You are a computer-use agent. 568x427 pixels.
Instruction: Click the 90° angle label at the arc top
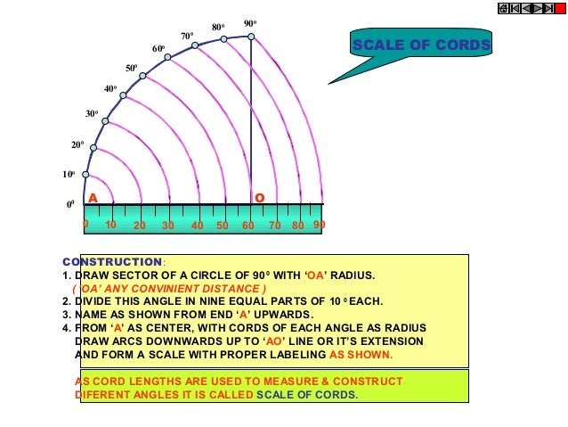click(x=250, y=23)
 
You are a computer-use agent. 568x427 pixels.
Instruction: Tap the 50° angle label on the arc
click(x=131, y=68)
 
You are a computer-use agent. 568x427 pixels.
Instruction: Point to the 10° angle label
click(x=68, y=175)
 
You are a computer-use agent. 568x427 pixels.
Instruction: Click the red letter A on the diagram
click(x=92, y=197)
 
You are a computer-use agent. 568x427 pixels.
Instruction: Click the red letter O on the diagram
click(x=259, y=197)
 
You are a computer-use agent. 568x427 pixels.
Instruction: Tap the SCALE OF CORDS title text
click(x=421, y=45)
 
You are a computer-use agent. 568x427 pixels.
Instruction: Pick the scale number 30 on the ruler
click(x=167, y=226)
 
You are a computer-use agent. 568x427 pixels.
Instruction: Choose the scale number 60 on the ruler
click(x=247, y=226)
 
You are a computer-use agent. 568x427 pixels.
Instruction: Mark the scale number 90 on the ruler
click(x=319, y=226)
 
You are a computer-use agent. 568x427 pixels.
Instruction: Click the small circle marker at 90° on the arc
click(x=251, y=37)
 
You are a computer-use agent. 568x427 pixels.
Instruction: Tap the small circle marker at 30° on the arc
click(x=106, y=120)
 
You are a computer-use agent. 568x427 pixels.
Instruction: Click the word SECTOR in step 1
click(x=134, y=275)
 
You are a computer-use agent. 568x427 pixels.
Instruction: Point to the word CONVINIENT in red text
click(x=187, y=289)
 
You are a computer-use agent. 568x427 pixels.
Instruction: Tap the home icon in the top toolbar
click(x=504, y=8)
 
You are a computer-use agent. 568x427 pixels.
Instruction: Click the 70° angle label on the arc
click(x=187, y=36)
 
